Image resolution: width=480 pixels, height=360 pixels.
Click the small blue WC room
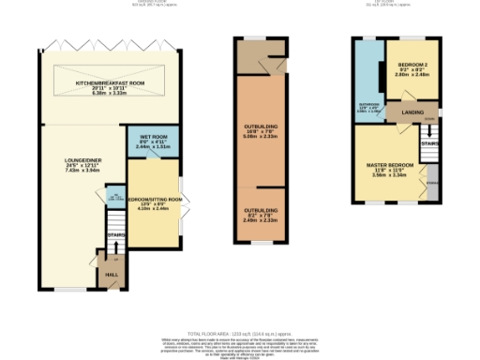[x=113, y=198]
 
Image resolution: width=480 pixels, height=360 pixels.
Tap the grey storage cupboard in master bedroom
[x=432, y=179]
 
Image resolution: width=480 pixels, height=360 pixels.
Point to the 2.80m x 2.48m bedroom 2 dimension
[x=412, y=75]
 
